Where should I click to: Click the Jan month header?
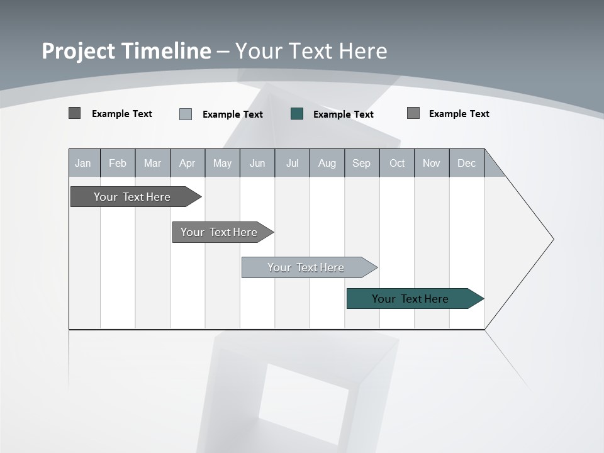pos(84,163)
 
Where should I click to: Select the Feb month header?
pos(118,163)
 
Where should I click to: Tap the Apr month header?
pos(187,163)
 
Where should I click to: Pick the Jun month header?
pos(257,163)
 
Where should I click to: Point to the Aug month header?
pos(327,163)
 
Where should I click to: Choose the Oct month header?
pos(397,163)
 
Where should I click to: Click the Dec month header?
pos(467,163)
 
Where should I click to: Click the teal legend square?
pos(297,114)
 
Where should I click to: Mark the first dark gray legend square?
pos(74,113)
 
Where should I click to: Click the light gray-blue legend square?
pos(186,114)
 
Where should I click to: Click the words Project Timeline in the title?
pos(126,51)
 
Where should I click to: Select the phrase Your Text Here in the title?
pos(311,51)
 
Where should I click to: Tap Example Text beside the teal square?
pos(344,115)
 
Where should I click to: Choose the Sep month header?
pos(362,163)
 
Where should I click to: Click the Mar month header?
pos(153,163)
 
